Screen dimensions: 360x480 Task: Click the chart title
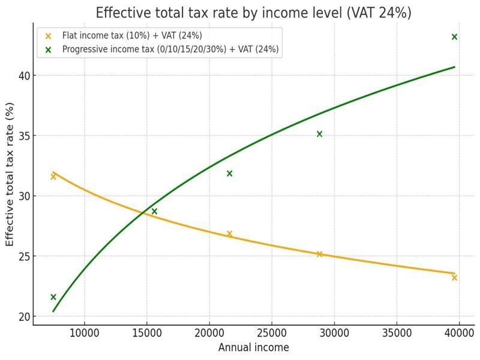click(253, 13)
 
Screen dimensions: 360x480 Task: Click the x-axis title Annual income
click(253, 347)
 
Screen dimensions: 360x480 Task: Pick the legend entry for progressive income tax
click(170, 49)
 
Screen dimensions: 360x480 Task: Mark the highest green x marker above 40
click(454, 37)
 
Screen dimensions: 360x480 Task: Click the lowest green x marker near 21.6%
click(53, 297)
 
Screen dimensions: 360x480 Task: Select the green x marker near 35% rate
click(319, 134)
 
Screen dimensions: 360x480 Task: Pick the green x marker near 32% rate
click(229, 173)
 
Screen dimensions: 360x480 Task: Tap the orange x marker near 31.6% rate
click(53, 176)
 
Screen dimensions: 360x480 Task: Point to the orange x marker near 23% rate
click(454, 277)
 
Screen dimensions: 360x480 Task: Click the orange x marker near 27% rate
click(229, 233)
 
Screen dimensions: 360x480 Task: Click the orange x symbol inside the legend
click(49, 36)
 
